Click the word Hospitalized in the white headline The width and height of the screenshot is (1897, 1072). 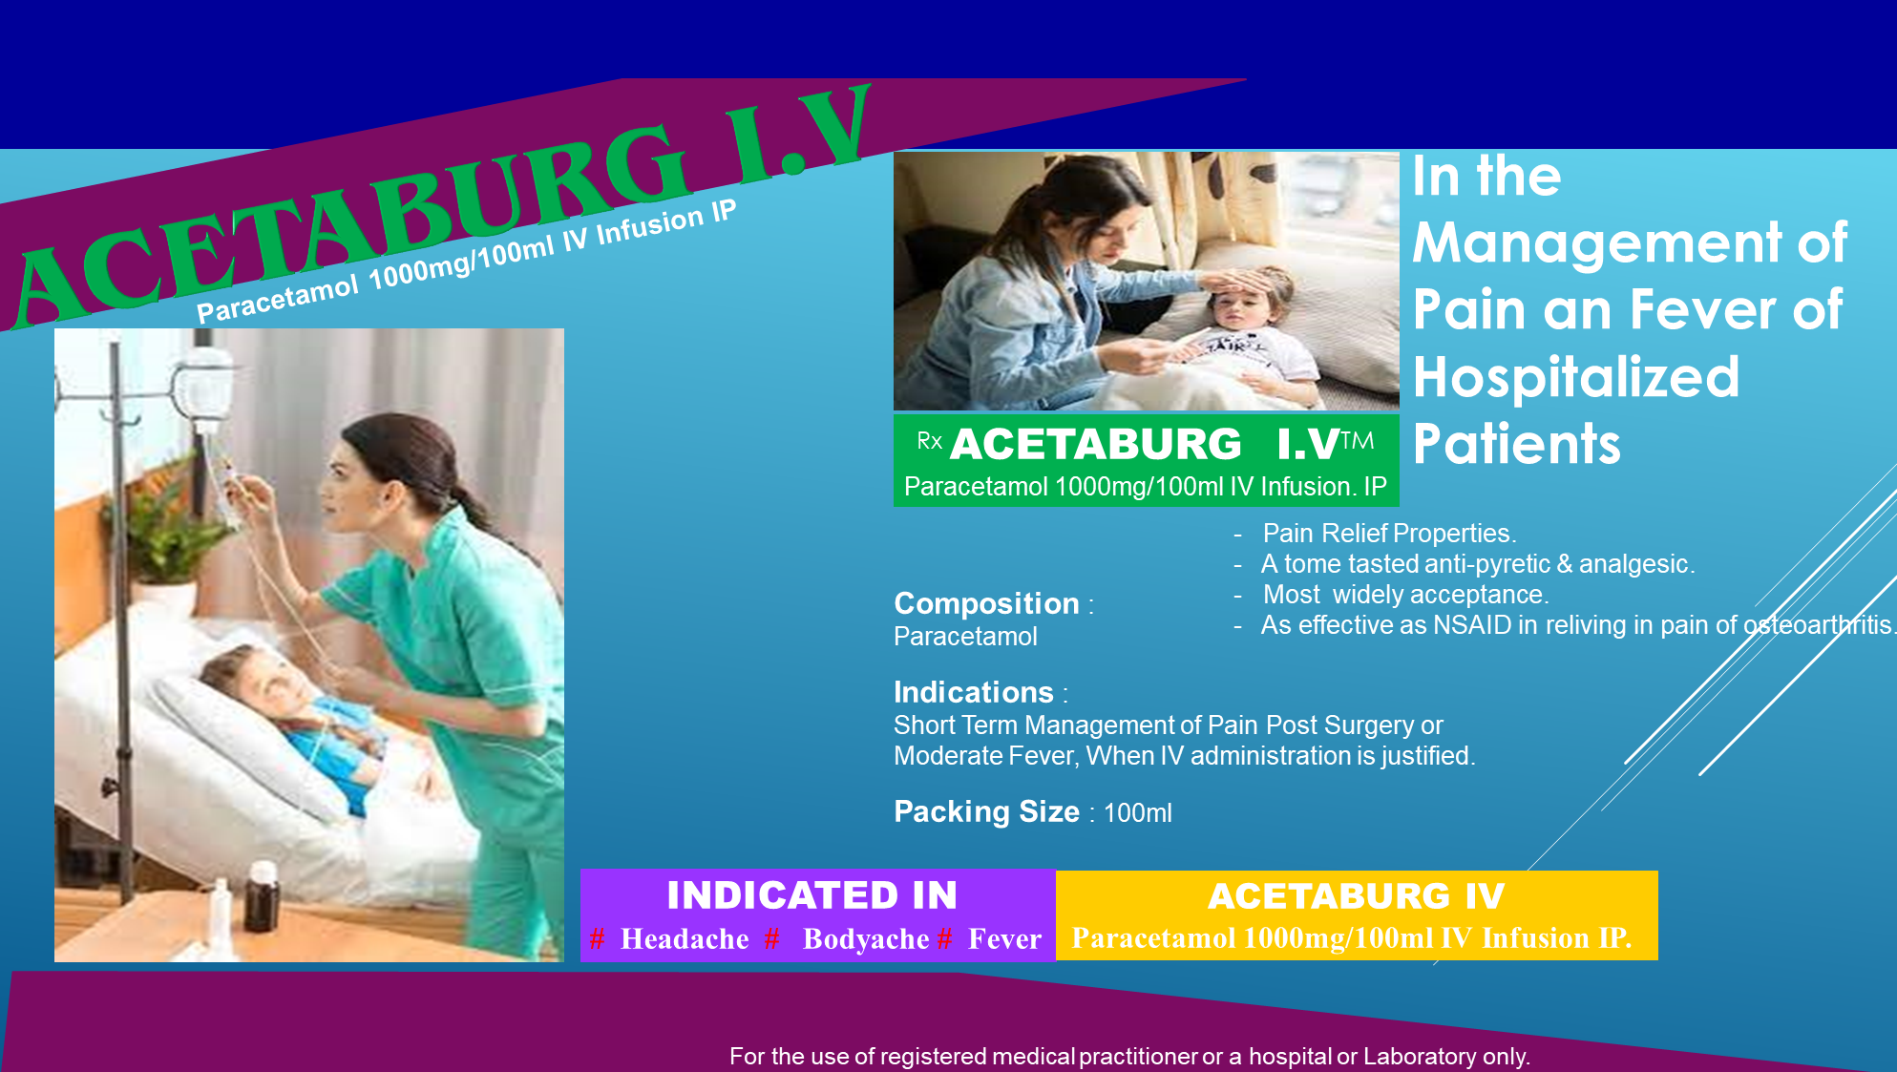click(x=1576, y=378)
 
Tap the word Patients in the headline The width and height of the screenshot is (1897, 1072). click(x=1516, y=444)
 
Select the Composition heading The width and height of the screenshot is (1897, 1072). click(x=986, y=603)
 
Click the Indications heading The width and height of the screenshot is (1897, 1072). click(x=974, y=692)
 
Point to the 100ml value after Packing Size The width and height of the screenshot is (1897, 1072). click(x=1137, y=813)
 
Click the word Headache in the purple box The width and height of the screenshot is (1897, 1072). click(x=685, y=939)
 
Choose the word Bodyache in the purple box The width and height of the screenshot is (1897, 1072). click(x=866, y=939)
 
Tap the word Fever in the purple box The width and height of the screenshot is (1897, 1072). click(x=1004, y=939)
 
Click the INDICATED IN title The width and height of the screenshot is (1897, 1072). click(x=812, y=895)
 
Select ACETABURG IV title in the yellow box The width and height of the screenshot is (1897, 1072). click(x=1357, y=896)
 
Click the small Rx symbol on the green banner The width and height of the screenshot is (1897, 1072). click(x=929, y=441)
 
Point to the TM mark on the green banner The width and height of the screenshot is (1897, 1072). click(x=1358, y=440)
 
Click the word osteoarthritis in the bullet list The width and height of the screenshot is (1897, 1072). click(x=1818, y=625)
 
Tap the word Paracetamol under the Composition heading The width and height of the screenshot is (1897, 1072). click(x=965, y=637)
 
